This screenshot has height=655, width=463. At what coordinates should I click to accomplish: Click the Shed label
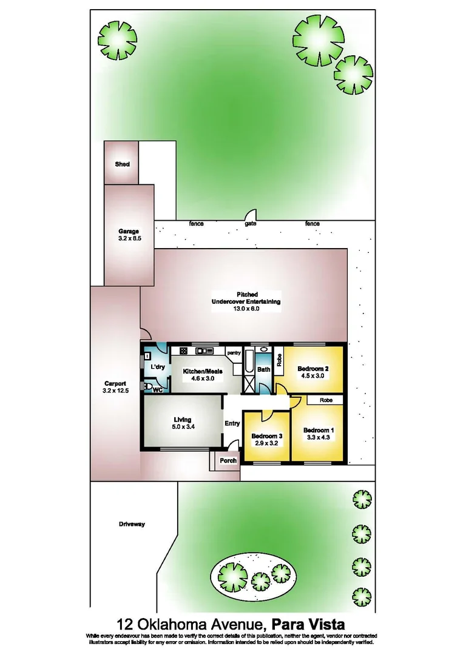pos(122,164)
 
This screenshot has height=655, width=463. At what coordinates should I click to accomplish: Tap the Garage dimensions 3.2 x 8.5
pos(129,238)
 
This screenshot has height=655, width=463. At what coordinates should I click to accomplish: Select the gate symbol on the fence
pos(249,217)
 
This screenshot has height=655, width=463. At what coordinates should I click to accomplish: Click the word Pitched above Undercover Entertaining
pos(246,295)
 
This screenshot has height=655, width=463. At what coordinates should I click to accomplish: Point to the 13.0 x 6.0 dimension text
pos(246,309)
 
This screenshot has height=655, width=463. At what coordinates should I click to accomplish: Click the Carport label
pos(115,383)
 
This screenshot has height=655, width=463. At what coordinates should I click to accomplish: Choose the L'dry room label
pos(158,367)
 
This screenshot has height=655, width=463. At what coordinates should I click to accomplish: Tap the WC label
pos(157,389)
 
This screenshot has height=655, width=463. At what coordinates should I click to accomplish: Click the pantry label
pos(234,352)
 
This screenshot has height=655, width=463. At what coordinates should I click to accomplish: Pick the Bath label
pos(263,369)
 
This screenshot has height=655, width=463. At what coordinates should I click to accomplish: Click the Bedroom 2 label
pos(313,368)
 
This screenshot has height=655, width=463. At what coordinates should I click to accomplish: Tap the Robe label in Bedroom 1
pos(326,400)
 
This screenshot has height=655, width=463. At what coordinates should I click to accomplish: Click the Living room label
pos(182,420)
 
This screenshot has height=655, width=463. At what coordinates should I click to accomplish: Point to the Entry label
pos(232,423)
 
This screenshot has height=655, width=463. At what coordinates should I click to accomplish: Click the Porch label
pos(228,460)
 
